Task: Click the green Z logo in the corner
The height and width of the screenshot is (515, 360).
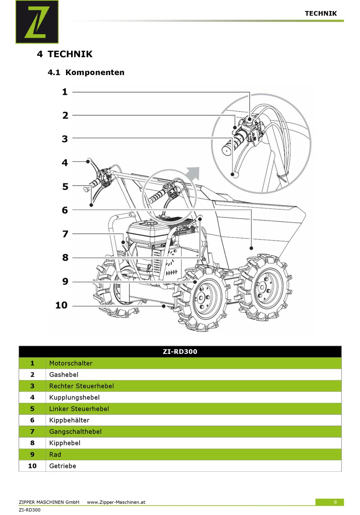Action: point(37,22)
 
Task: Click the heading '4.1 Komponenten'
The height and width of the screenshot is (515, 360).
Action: point(86,72)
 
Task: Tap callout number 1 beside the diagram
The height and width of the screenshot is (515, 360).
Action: point(65,92)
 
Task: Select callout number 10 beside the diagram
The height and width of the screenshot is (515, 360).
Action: point(61,305)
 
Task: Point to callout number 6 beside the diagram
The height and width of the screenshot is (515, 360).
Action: point(65,210)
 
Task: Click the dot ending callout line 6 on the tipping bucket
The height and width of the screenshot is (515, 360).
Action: point(251,248)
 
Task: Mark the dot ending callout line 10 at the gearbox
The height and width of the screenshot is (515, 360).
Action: point(164,306)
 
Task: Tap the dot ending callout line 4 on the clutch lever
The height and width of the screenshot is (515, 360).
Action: point(88,162)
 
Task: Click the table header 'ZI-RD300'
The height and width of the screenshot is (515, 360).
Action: point(180,352)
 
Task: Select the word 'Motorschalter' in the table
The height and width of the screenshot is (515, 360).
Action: point(71,363)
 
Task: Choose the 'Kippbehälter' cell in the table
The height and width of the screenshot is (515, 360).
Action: point(69,420)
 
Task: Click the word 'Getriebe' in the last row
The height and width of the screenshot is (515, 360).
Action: point(63,466)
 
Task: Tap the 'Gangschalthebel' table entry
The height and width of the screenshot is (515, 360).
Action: point(75,432)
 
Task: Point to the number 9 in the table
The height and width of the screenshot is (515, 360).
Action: point(32,454)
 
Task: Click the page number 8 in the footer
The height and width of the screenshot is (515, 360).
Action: point(335,502)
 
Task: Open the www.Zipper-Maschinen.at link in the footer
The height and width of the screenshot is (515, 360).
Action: point(116,502)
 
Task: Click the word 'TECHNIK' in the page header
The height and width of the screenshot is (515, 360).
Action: point(321,13)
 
